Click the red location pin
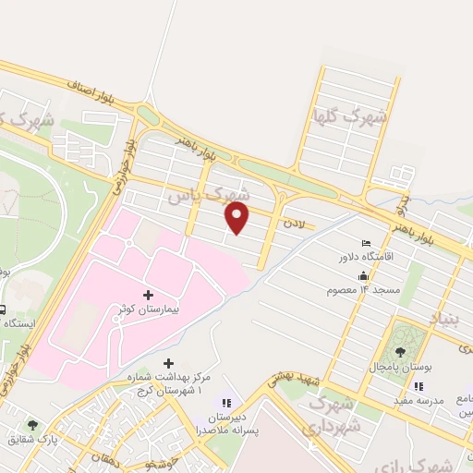click(x=237, y=218)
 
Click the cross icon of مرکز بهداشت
click(x=167, y=363)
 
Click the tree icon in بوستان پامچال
click(x=399, y=351)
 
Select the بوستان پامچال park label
click(x=400, y=367)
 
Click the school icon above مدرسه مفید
click(x=418, y=386)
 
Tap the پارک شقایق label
click(x=34, y=440)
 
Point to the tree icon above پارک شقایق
click(x=33, y=425)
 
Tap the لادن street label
click(x=294, y=223)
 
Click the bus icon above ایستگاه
click(x=4, y=309)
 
